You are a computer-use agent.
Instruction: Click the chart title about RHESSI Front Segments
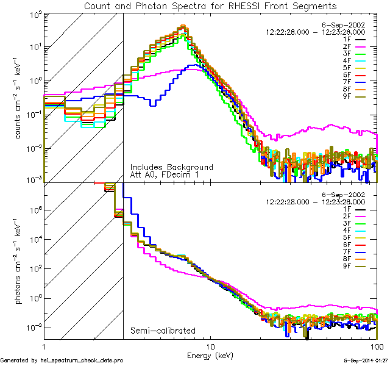[210, 5]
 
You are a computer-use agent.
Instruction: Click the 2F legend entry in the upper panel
[356, 46]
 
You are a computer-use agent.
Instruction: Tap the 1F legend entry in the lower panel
[356, 209]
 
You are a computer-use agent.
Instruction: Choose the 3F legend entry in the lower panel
[356, 224]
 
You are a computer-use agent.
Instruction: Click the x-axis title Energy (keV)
[210, 355]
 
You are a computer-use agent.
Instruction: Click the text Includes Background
[171, 167]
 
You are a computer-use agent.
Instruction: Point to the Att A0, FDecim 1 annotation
[165, 175]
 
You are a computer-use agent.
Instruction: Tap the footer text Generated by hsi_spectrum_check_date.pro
[62, 361]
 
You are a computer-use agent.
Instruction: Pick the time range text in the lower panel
[316, 201]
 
